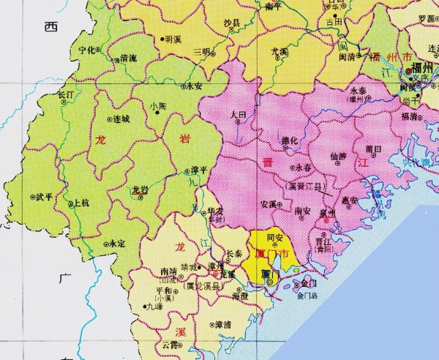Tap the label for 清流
tap(128, 57)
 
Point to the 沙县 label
tap(232, 24)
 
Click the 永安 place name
tap(194, 86)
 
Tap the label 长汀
tap(65, 95)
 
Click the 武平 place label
tap(44, 197)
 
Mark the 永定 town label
tap(116, 243)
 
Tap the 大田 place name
tap(238, 115)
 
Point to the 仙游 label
tap(339, 156)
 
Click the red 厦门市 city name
tap(270, 254)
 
